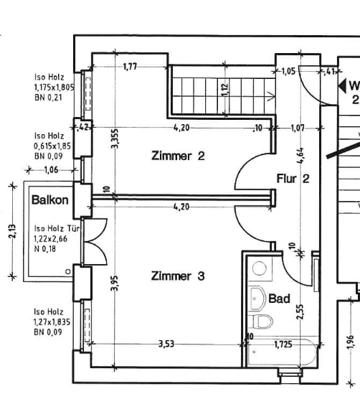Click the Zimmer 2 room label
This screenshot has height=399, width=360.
coord(178,156)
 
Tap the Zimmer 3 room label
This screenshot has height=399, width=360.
coord(178,276)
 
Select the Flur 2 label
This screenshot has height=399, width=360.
coord(293,179)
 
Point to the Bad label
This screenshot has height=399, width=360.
coord(279,299)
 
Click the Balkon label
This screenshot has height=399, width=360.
coord(50,200)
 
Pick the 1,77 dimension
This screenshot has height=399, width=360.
coord(131,67)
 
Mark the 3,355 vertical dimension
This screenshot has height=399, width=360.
coord(115,139)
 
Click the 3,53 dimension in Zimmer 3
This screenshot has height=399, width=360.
coord(166,344)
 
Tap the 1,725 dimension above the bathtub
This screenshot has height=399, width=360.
coord(283,344)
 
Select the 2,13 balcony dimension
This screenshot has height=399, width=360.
coord(12,231)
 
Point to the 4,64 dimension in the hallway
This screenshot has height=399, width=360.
coord(300,156)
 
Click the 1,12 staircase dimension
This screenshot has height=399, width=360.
coord(225,90)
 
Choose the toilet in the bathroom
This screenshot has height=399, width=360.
coord(262,321)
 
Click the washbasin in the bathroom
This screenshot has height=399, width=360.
coord(257,299)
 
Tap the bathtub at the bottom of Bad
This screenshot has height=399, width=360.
coord(283,352)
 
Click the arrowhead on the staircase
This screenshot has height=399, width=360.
coord(271,96)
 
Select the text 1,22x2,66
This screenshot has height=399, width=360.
coord(51,239)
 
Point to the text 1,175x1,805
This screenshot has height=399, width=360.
coord(55,88)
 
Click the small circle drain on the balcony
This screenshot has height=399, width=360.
coord(68,271)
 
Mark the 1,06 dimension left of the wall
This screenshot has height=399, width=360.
coord(52,170)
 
